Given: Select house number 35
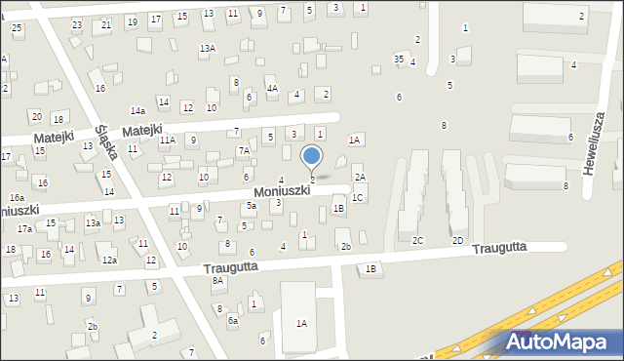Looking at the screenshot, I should [x=398, y=60].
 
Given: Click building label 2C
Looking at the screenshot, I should [x=418, y=240].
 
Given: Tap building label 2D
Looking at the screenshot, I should [x=457, y=240].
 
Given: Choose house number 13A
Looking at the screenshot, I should [x=207, y=48].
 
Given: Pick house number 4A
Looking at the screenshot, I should [x=273, y=89].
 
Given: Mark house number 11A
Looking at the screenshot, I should [x=168, y=140].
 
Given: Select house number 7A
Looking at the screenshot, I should [x=244, y=151].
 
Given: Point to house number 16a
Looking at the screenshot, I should [x=18, y=197].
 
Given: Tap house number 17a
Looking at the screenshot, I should [x=24, y=228].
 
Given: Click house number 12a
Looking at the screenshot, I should [x=109, y=261].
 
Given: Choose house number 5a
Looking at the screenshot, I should [x=251, y=206].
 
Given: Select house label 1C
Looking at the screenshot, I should [x=358, y=198].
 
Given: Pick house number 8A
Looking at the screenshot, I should [x=218, y=281].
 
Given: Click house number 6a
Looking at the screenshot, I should [x=232, y=320].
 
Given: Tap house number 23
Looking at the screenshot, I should [x=77, y=24].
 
